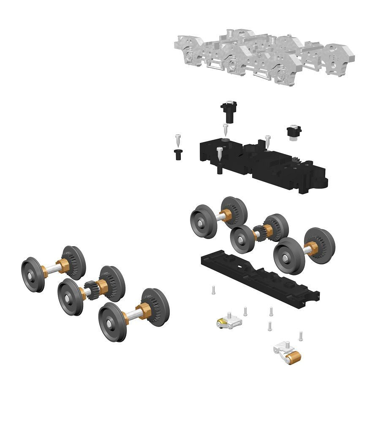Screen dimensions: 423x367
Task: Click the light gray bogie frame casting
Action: point(262,57)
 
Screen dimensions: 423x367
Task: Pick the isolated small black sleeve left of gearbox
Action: point(178,154)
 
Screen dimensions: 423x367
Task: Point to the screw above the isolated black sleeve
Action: point(178,139)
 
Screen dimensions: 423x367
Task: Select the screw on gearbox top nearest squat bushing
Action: point(267,141)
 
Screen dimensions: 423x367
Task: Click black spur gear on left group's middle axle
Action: point(90,289)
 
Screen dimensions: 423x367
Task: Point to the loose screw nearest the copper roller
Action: point(301,336)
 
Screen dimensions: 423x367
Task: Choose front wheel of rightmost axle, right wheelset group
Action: point(289,256)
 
